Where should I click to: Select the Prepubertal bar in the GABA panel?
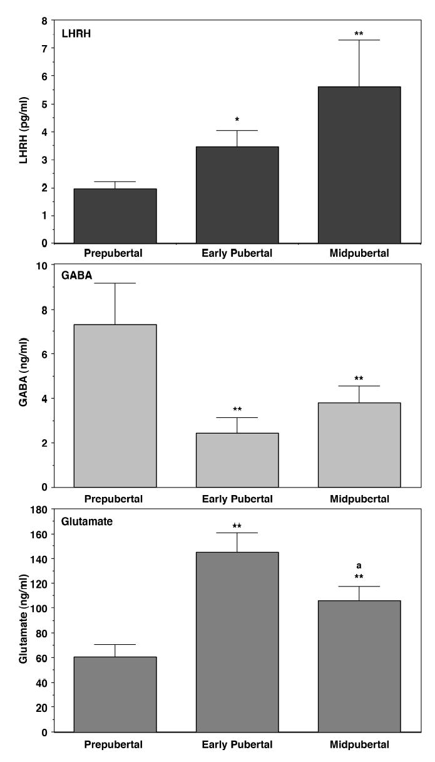(115, 405)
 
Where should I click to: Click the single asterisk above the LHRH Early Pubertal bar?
(237, 120)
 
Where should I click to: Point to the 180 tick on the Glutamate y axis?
(39, 509)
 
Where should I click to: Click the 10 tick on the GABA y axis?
(43, 265)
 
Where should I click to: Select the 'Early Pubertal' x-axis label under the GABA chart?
(237, 499)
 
